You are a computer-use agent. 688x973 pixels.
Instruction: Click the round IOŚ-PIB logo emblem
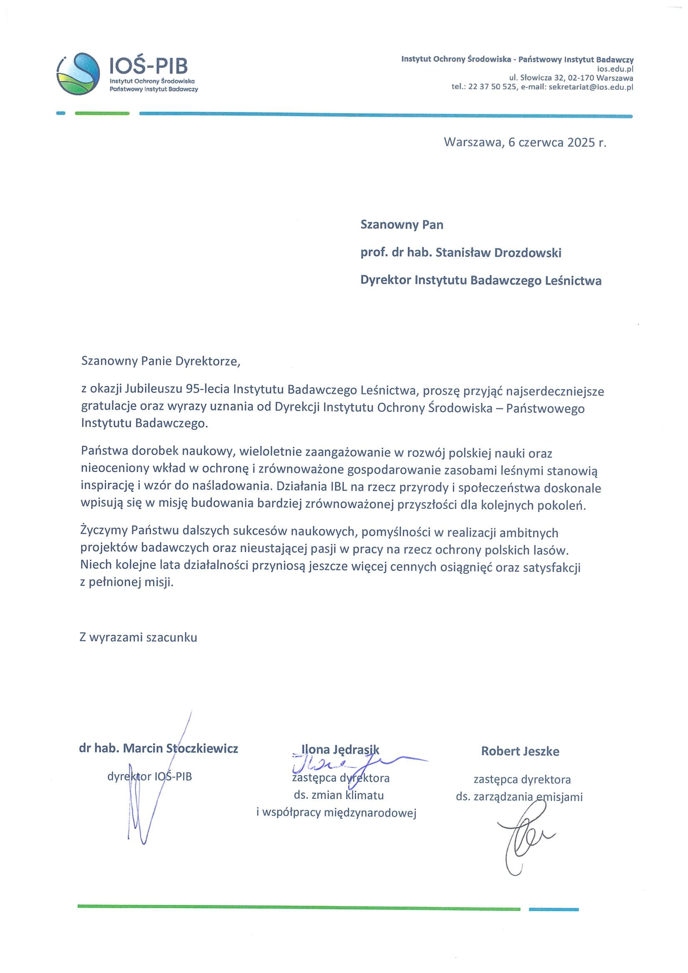[x=79, y=74]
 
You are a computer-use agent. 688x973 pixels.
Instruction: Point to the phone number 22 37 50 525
[x=492, y=87]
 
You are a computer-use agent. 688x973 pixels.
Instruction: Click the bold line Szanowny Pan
[x=401, y=225]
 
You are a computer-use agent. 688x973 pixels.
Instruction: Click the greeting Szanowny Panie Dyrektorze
[x=161, y=361]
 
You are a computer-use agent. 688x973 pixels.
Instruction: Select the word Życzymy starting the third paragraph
[x=104, y=531]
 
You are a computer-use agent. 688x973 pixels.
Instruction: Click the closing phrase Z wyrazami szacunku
[x=138, y=637]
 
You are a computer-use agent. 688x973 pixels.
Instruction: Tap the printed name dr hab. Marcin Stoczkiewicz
[x=158, y=748]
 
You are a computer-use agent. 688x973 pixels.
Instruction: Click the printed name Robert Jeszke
[x=520, y=751]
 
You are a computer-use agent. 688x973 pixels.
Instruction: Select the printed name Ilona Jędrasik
[x=340, y=749]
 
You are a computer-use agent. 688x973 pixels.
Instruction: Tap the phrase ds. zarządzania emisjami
[x=519, y=797]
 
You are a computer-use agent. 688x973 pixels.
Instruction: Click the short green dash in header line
[x=102, y=113]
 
